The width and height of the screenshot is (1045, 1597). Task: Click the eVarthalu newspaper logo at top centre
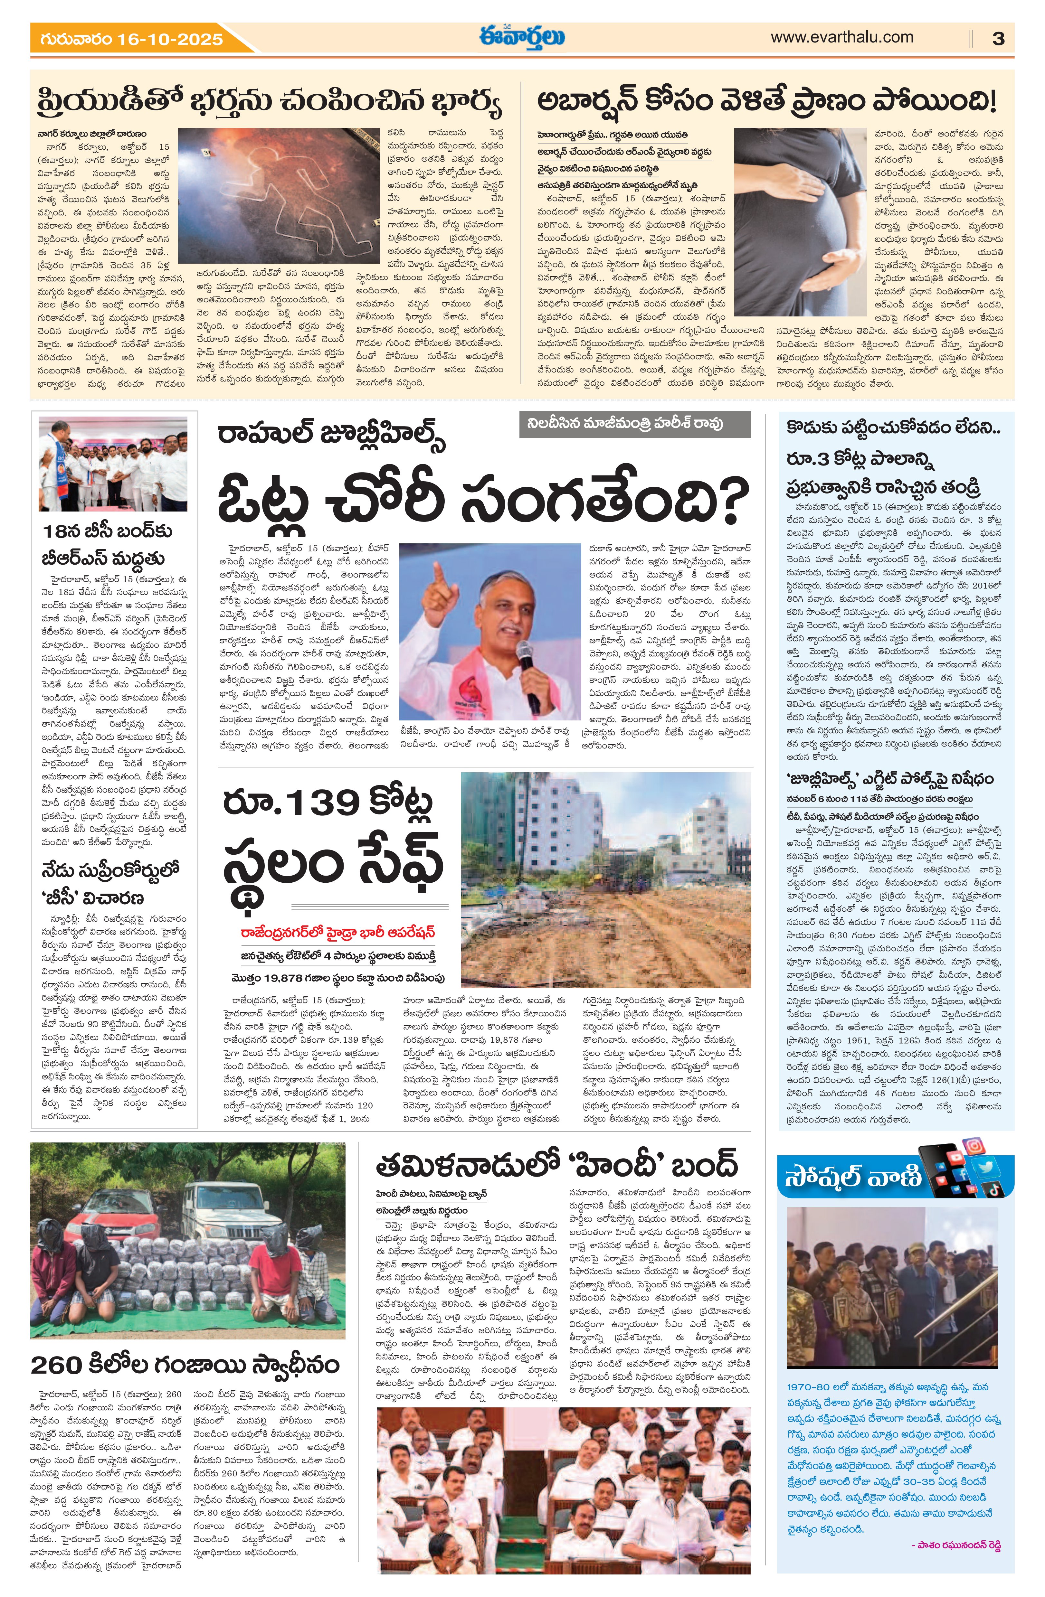(x=522, y=37)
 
